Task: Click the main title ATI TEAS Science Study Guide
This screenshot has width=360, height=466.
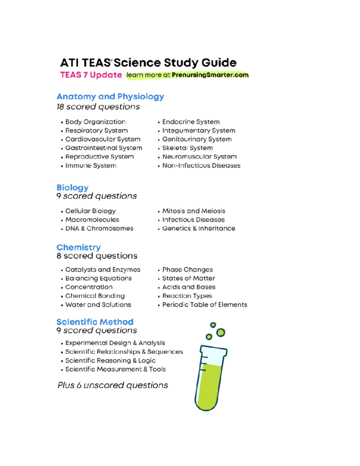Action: pos(148,63)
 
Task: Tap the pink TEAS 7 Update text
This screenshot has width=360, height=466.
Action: pos(91,75)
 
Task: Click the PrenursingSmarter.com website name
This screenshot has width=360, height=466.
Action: pos(210,75)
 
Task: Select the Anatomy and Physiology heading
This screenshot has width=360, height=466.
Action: pos(110,96)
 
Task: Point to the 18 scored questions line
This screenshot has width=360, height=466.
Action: pos(98,107)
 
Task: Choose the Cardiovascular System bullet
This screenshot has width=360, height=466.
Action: pos(103,139)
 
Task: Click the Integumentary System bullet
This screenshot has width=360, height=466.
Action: pos(199,131)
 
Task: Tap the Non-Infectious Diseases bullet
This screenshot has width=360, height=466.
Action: pos(201,166)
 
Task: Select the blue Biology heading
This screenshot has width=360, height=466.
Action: pos(72,187)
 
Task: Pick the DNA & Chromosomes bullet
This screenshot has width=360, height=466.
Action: pos(99,228)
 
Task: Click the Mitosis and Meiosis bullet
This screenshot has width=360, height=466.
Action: pos(193,211)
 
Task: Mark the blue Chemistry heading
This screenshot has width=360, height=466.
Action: pos(79,247)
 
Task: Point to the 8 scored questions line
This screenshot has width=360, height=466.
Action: pos(97,256)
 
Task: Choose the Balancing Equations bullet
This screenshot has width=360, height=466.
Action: pos(98,278)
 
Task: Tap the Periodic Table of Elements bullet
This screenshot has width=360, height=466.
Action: pos(205,305)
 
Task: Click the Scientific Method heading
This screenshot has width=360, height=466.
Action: pos(95,322)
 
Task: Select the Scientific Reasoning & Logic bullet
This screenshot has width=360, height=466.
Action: pos(110,360)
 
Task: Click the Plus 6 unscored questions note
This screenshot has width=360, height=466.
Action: pos(112,385)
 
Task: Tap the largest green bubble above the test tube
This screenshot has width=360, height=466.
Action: pos(221,332)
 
